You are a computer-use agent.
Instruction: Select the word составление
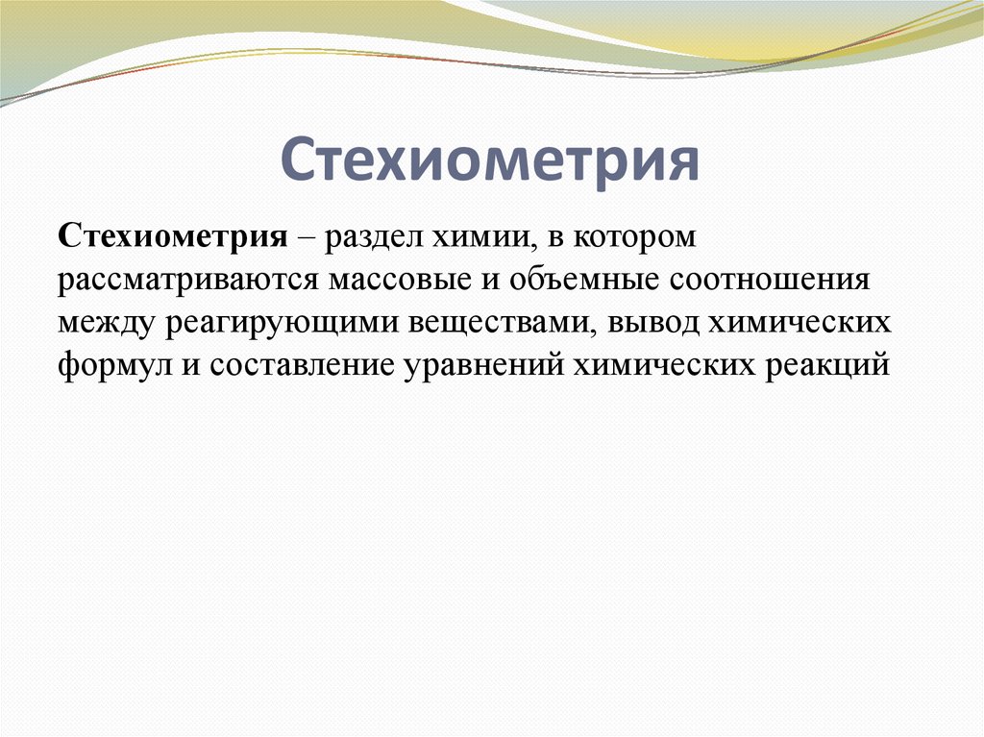tap(298, 367)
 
